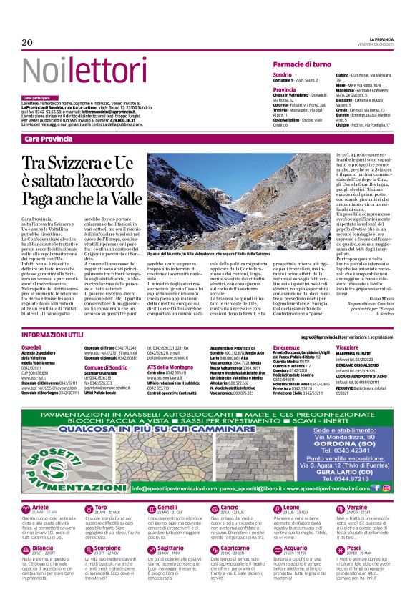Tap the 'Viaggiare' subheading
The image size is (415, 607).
pos(348,347)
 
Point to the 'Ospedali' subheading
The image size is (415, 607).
pos(32,347)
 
